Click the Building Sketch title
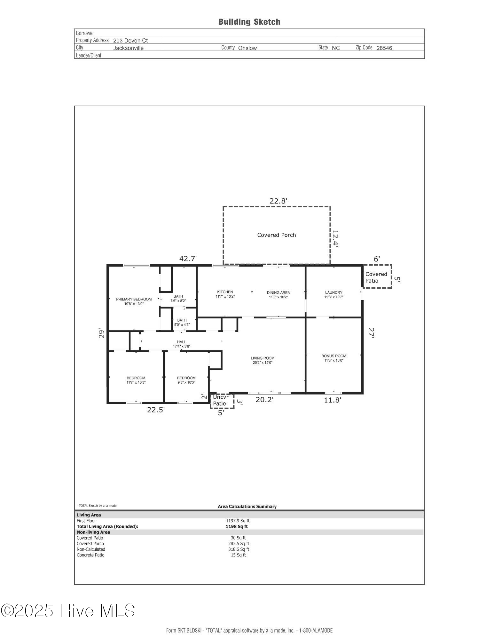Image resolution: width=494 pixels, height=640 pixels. tap(249, 22)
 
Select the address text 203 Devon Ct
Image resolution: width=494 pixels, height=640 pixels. tap(130, 41)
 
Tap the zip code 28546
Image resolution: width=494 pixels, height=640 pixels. tap(384, 48)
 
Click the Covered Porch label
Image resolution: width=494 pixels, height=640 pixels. tap(277, 235)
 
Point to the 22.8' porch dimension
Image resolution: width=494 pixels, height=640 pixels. tap(278, 201)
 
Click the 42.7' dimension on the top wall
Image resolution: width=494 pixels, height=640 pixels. tap(188, 259)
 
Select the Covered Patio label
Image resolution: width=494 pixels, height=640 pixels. tap(376, 277)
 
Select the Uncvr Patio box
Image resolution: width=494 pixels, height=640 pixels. tap(222, 401)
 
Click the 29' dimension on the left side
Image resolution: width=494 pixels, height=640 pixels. tap(102, 333)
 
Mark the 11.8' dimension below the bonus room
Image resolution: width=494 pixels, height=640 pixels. tap(333, 400)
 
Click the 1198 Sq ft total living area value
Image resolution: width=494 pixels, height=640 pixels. tap(237, 526)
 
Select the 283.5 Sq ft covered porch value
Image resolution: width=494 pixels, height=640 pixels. tap(239, 543)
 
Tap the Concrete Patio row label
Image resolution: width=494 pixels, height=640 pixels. tap(90, 555)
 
